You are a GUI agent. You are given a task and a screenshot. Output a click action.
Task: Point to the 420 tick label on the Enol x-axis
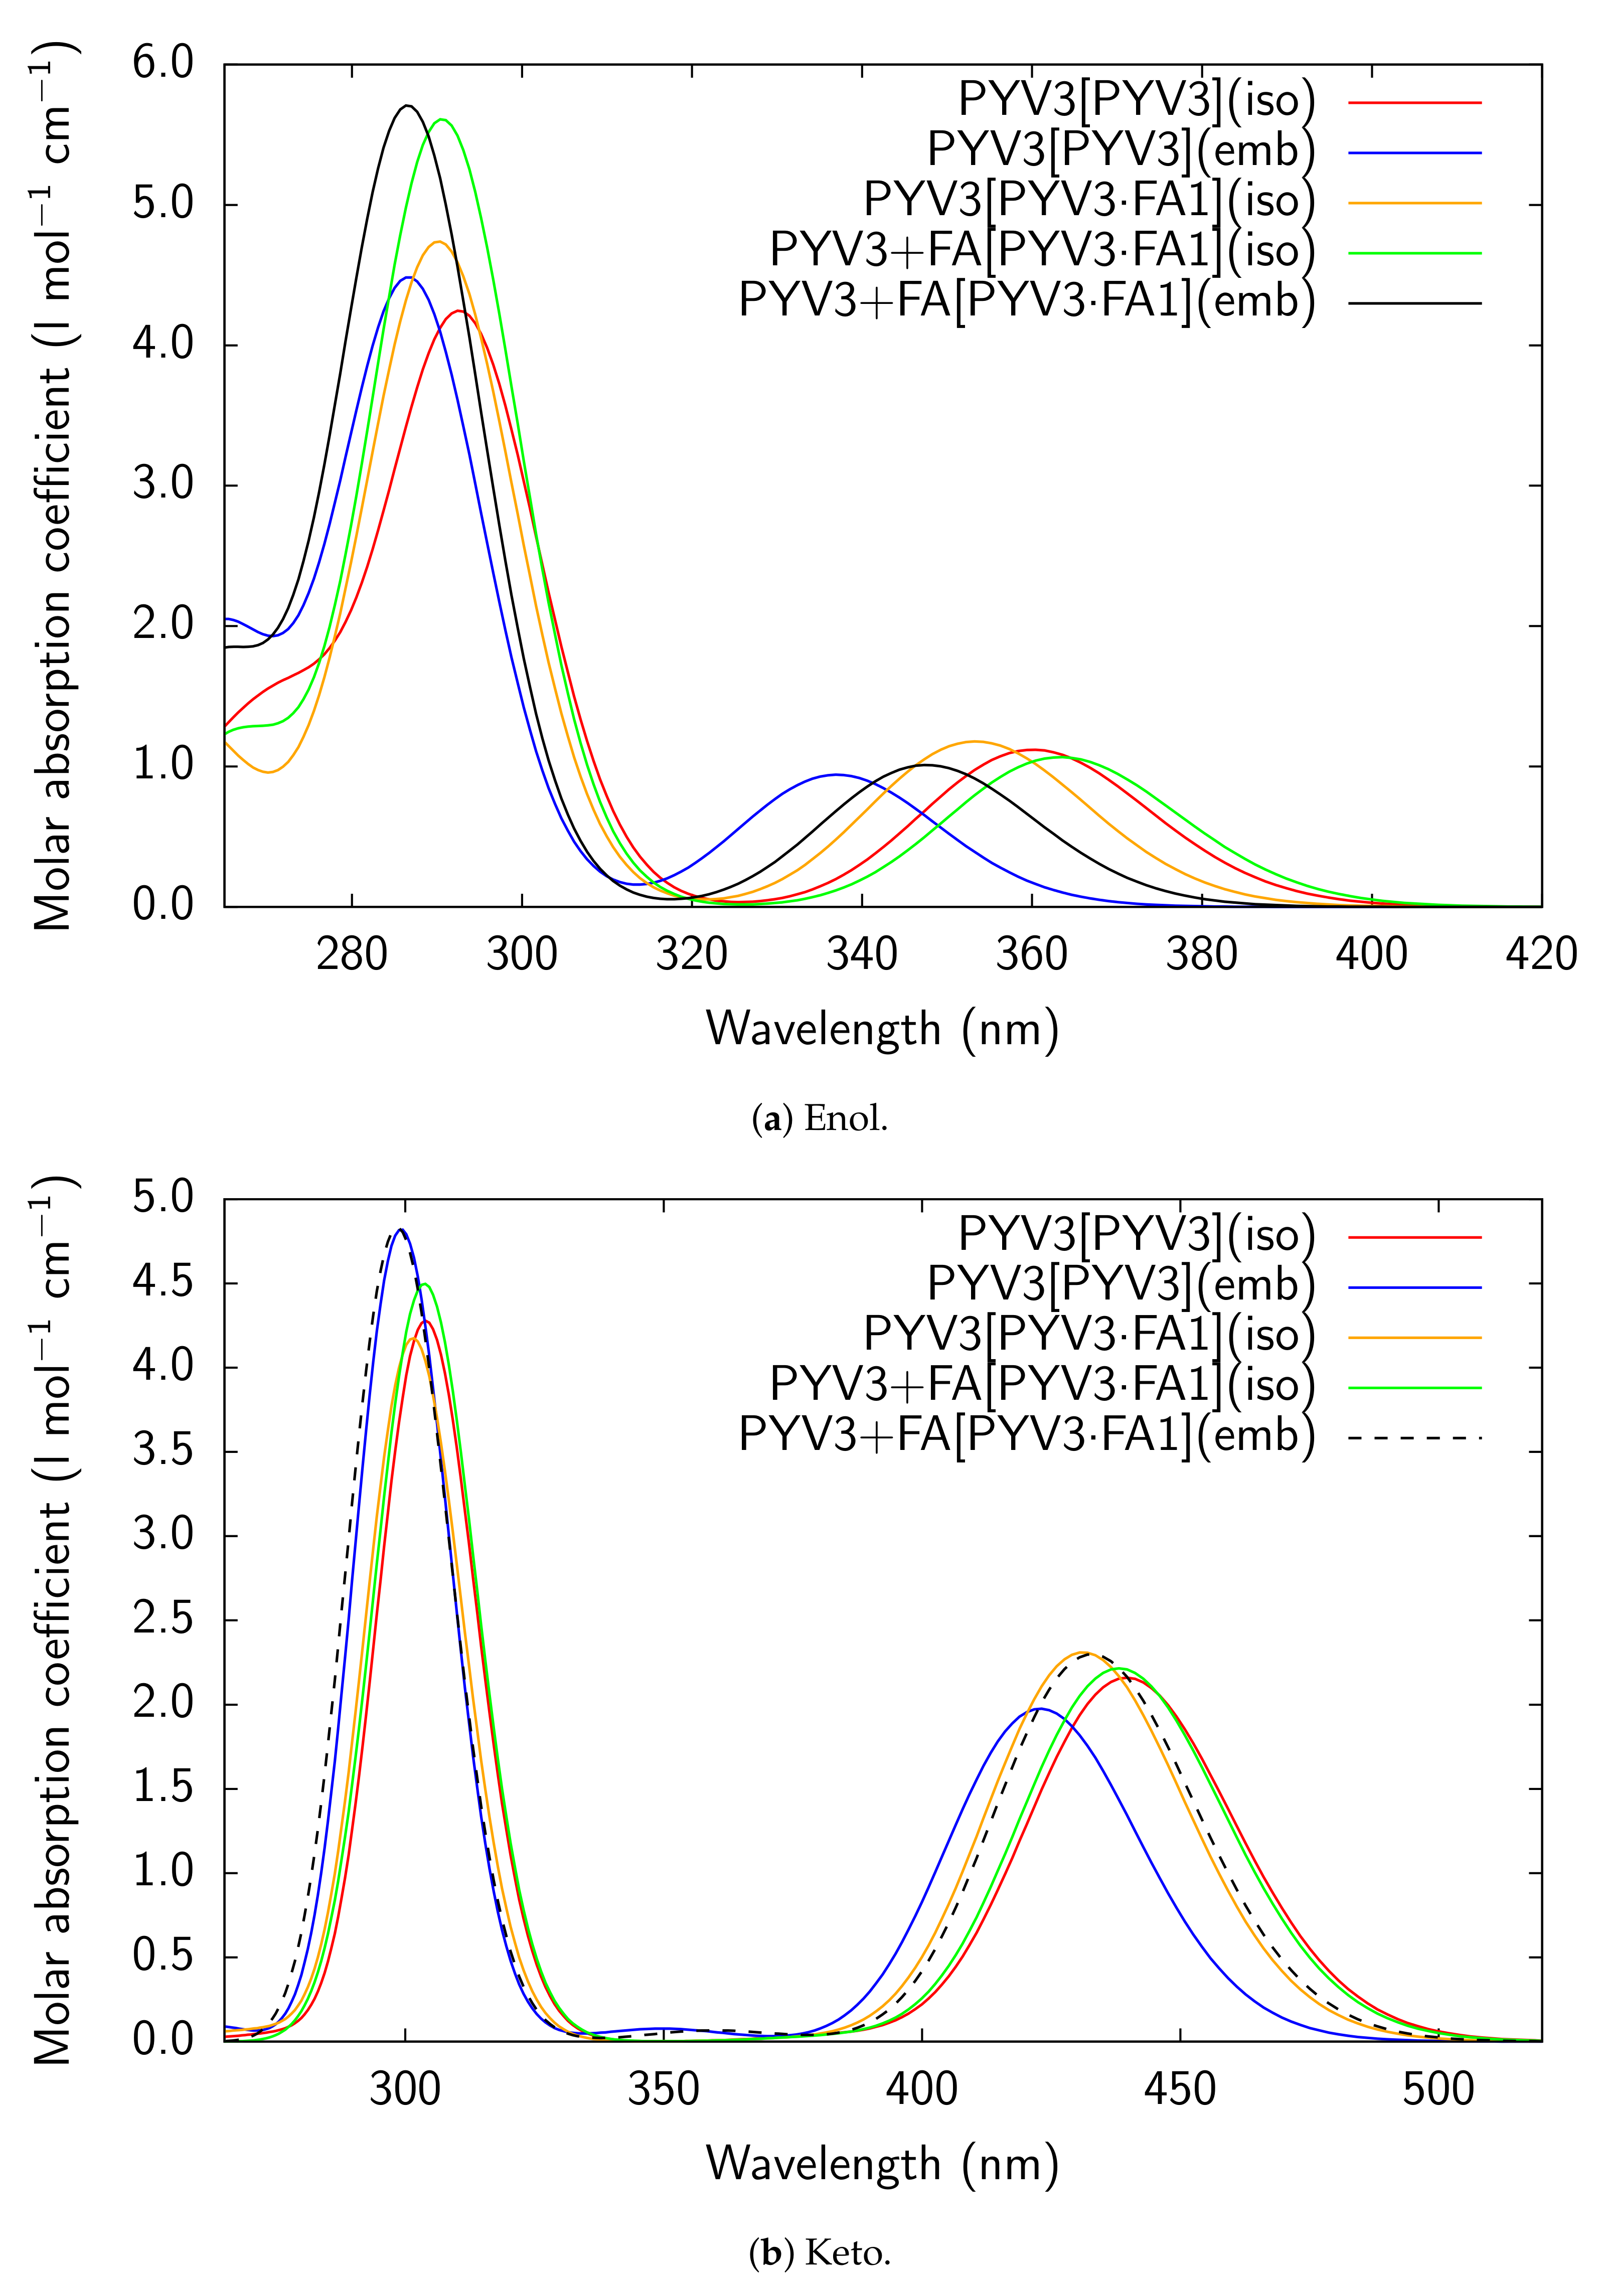pos(1540,954)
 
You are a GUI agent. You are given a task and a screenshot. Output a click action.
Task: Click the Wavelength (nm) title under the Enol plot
pos(882,1029)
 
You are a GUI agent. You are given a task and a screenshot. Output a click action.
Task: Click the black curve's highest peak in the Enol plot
pos(406,105)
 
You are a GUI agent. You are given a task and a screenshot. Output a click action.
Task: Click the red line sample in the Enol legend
pos(1414,102)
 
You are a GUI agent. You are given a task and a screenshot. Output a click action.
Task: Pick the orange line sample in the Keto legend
pos(1414,1338)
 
